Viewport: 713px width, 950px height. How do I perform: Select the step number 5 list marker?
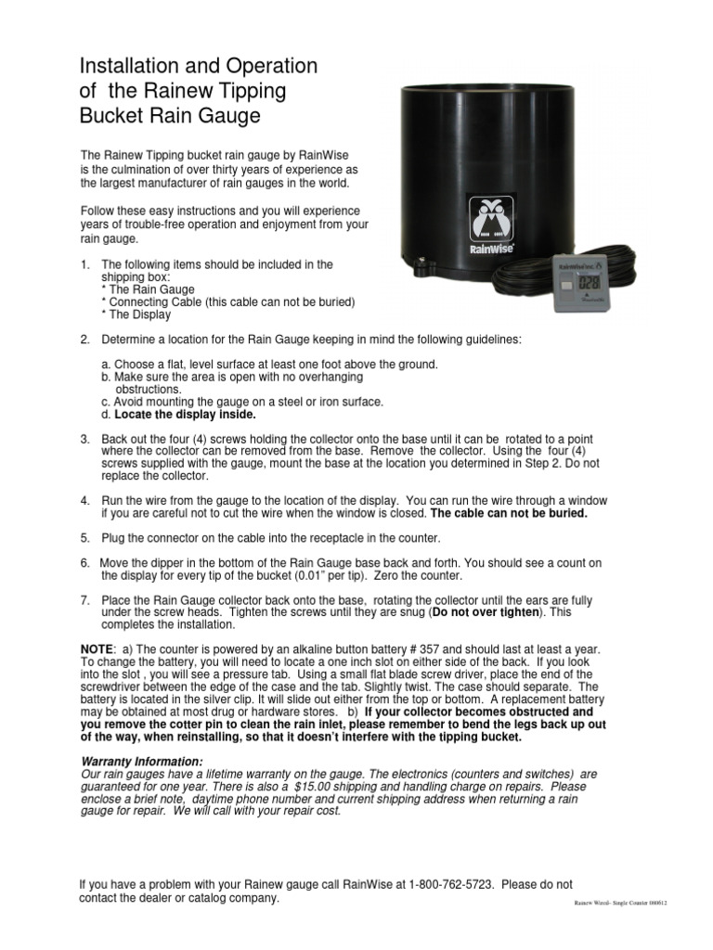[84, 538]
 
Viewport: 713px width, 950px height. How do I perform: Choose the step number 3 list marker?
[84, 439]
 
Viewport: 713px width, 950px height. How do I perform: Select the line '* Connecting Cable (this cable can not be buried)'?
[228, 302]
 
